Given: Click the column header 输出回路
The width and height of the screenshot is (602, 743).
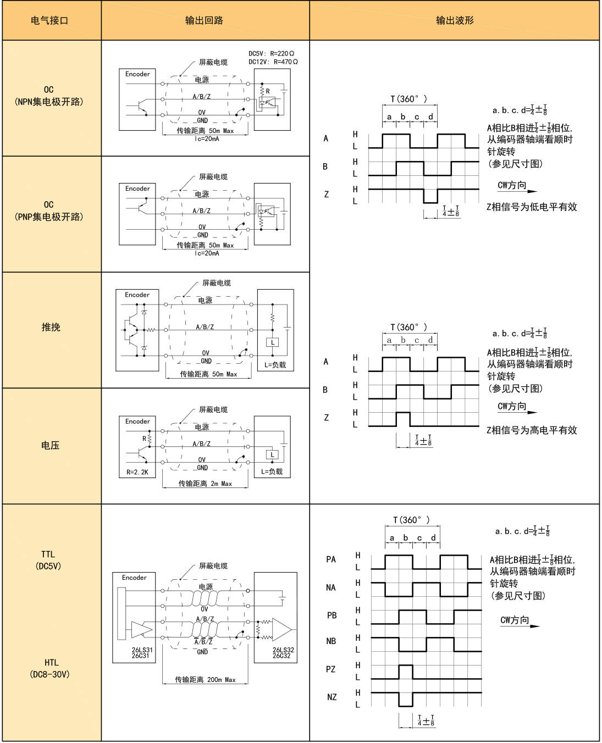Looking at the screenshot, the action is tap(204, 20).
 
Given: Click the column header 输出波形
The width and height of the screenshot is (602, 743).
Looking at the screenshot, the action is tap(455, 20).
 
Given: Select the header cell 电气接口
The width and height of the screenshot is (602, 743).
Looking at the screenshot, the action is tap(49, 20).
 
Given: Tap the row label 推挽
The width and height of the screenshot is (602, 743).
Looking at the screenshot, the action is tap(51, 327).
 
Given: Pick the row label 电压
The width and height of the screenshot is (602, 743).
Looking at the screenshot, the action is tap(51, 445).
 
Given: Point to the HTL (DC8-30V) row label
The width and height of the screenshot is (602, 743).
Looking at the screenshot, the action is tap(50, 668).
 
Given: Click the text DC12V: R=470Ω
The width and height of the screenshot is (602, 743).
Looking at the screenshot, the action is tap(273, 62).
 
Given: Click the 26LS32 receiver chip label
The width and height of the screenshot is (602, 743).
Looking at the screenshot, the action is tap(283, 653).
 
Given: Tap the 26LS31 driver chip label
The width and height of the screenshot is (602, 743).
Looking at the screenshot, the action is tap(142, 653).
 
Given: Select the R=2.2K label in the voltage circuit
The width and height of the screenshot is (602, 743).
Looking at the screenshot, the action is tap(137, 472).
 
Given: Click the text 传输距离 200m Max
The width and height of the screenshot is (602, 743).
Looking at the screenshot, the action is tap(205, 679).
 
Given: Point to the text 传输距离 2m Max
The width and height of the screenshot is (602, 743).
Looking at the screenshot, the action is tap(205, 484).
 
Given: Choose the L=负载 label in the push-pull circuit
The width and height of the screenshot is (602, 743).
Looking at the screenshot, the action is tap(275, 365).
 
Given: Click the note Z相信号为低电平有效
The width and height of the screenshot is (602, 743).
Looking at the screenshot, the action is tap(532, 207).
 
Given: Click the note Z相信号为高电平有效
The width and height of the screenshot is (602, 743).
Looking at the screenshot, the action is tap(532, 430).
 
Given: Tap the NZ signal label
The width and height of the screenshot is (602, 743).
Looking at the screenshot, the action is tap(332, 697).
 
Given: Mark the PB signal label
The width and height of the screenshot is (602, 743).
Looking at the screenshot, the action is tap(332, 616).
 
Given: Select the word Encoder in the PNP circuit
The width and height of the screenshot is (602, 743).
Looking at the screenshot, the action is tap(137, 188).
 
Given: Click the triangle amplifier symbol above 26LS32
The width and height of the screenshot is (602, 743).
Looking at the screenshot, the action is tap(281, 630).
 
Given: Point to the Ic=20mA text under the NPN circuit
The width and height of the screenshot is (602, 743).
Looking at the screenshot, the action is tap(207, 139).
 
